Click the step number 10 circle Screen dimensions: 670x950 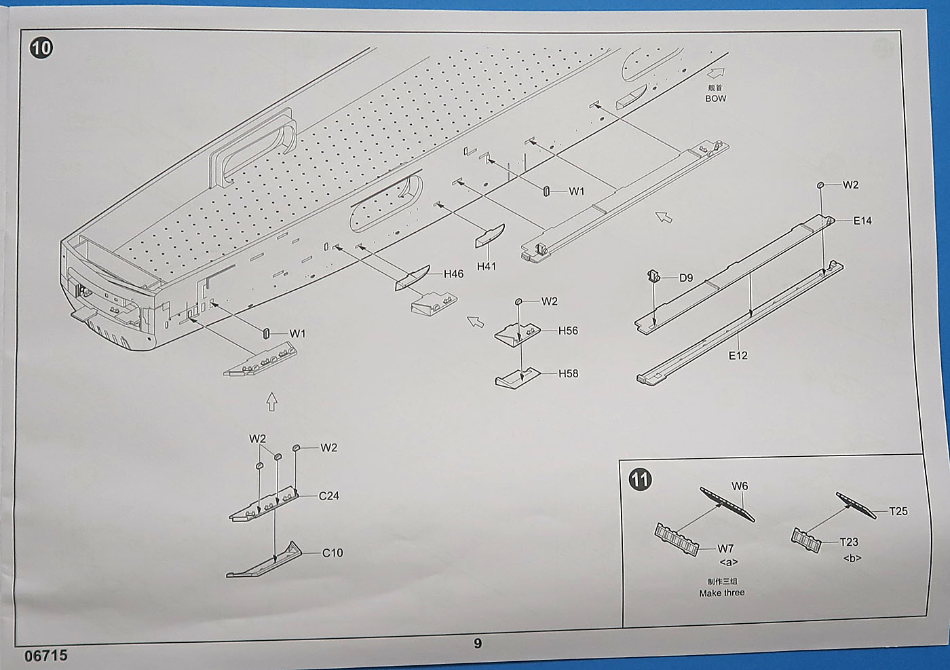(41, 48)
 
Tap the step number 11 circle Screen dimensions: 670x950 (640, 479)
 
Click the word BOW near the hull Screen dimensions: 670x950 (715, 98)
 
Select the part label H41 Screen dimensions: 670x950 (486, 266)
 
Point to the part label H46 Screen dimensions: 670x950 (453, 274)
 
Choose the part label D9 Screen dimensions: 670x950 (686, 278)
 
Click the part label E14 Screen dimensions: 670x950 (862, 221)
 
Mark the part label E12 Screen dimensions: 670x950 (738, 355)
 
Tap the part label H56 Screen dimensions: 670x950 (568, 331)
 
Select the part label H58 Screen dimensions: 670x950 (568, 373)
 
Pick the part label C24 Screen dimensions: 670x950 (328, 496)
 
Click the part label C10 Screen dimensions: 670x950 (332, 553)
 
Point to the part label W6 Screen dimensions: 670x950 (740, 486)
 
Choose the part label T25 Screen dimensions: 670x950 (898, 511)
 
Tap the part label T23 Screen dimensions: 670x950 (848, 542)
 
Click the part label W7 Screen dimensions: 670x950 (725, 548)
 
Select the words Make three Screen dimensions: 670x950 (721, 593)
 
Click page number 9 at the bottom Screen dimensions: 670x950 (478, 644)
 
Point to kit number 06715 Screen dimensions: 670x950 (45, 656)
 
